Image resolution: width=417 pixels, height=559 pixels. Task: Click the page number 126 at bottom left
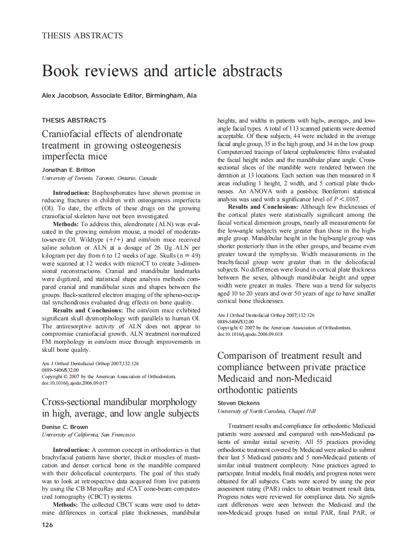click(x=47, y=525)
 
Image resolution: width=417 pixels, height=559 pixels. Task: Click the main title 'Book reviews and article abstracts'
click(x=162, y=70)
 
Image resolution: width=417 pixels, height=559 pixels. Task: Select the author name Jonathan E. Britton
click(x=68, y=170)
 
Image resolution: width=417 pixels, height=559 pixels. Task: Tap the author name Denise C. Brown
click(x=65, y=427)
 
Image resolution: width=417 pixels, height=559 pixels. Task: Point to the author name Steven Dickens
click(x=238, y=403)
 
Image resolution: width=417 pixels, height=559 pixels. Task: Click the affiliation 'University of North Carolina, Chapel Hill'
click(x=266, y=411)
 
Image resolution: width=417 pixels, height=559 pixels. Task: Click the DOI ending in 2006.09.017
click(x=75, y=383)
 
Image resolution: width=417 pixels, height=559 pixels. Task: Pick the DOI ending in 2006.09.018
click(x=250, y=334)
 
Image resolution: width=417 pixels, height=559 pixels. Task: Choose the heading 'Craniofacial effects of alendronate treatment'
click(x=112, y=145)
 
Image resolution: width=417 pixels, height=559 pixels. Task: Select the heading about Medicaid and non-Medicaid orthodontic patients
click(x=292, y=373)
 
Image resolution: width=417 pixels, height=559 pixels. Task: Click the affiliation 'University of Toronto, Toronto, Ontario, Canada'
click(x=99, y=178)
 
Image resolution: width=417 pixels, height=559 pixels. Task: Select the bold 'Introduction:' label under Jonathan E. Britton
click(x=72, y=192)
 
